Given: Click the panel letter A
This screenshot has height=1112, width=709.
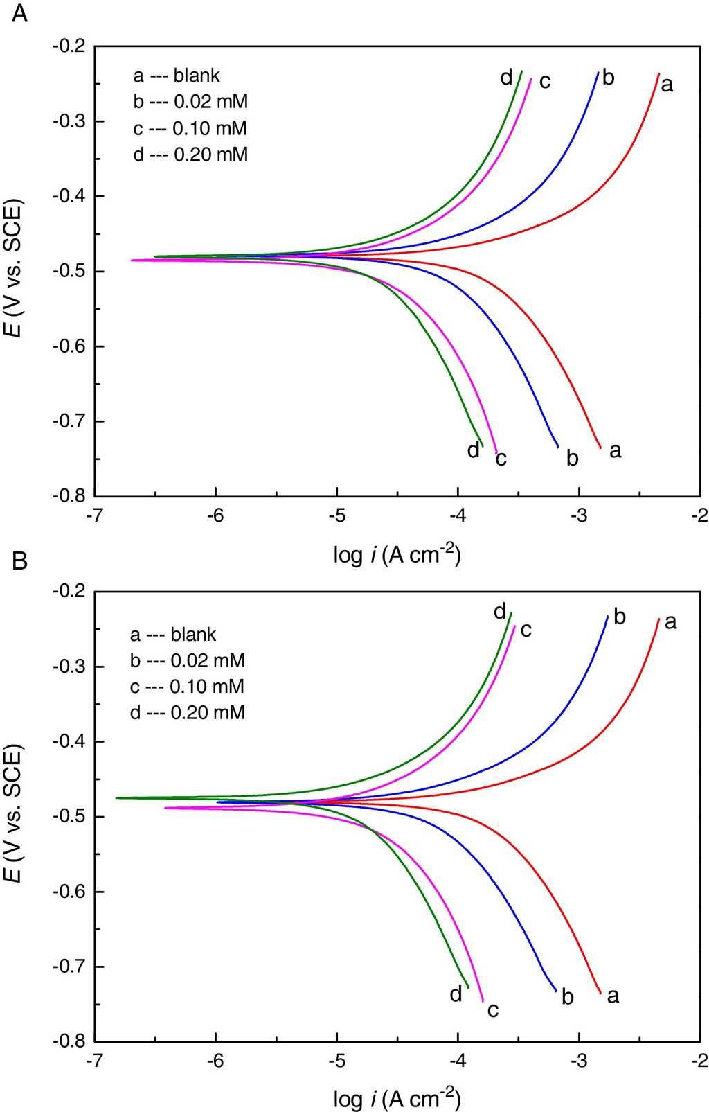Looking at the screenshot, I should pos(20,13).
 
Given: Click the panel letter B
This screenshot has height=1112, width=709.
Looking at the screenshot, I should pos(20,560).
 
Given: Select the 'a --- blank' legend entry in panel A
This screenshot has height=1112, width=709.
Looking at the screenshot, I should pos(177,76).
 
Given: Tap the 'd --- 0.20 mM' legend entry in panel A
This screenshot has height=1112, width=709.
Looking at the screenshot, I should pos(190,154).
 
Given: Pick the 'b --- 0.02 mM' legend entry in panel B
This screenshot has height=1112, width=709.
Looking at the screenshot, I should pos(188,660).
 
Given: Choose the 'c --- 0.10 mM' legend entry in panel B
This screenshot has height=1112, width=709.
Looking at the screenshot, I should pos(187,687).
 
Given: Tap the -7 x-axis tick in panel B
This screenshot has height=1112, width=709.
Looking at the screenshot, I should pos(95,1061).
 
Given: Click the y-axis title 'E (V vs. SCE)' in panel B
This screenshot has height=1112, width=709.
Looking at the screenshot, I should pos(14,816).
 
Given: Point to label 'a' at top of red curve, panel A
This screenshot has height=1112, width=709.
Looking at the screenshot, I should pos(667,85).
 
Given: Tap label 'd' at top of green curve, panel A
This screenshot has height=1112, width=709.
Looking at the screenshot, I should pos(507,78).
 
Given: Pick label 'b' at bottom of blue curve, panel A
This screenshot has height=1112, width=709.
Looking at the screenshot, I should pos(573,458).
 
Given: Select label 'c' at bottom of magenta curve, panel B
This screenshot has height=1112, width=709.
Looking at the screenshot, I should pos(493,1010).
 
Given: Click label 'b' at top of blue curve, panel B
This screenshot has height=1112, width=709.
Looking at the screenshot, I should pos(620,617).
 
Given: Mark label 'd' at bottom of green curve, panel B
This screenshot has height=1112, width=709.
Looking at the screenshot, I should pos(456,995).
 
